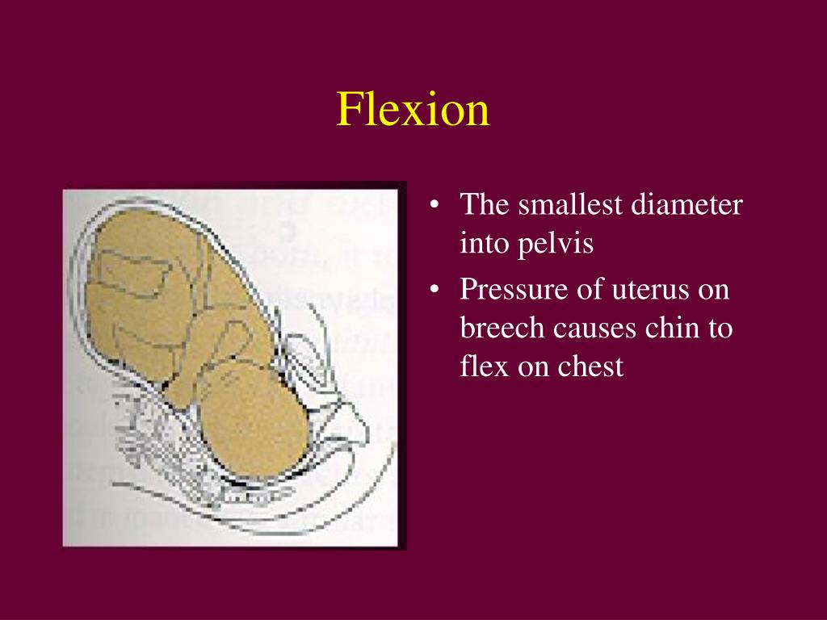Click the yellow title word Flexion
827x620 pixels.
coord(413,110)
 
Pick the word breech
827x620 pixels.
coord(502,328)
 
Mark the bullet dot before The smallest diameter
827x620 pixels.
coord(435,205)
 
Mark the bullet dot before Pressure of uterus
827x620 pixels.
coord(435,290)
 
